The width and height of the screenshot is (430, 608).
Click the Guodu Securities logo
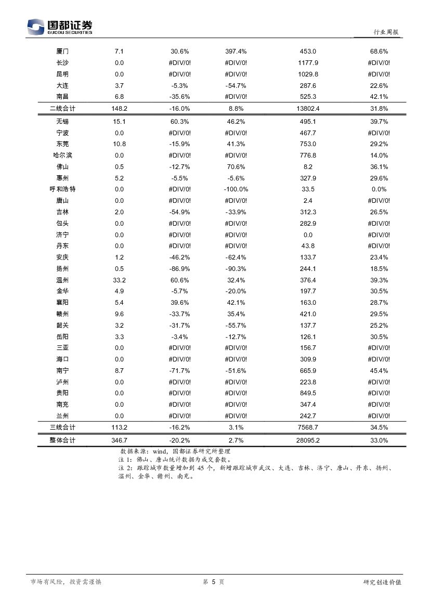pos(59,27)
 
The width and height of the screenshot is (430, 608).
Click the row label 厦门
pos(62,51)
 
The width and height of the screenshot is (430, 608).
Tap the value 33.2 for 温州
pos(119,280)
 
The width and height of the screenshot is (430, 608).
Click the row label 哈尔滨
pos(62,156)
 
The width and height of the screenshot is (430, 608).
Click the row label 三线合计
pos(62,428)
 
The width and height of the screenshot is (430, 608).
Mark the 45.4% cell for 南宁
pos(379,371)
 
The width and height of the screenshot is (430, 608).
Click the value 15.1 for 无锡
pos(119,122)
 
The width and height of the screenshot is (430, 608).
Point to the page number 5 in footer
pos(213,582)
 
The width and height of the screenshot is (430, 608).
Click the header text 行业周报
pos(386,32)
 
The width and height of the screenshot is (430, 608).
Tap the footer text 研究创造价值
pos(382,582)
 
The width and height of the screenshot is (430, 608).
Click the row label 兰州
pos(62,416)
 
